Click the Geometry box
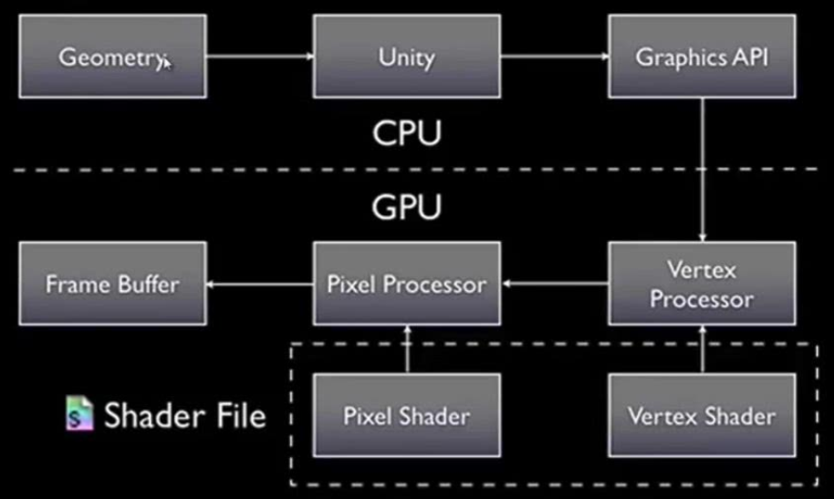(112, 56)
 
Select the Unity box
(406, 56)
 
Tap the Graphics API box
(702, 56)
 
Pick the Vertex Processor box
(702, 284)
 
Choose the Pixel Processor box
(406, 284)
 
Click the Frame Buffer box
(112, 284)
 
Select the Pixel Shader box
(406, 416)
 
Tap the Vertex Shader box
(702, 416)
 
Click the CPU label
(406, 133)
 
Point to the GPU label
(406, 206)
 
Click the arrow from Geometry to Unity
(260, 57)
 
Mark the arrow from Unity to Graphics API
(555, 57)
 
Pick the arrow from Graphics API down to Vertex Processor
(703, 169)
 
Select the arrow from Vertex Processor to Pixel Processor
(555, 285)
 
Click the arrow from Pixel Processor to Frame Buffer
(260, 285)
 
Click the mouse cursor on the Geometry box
(166, 62)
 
